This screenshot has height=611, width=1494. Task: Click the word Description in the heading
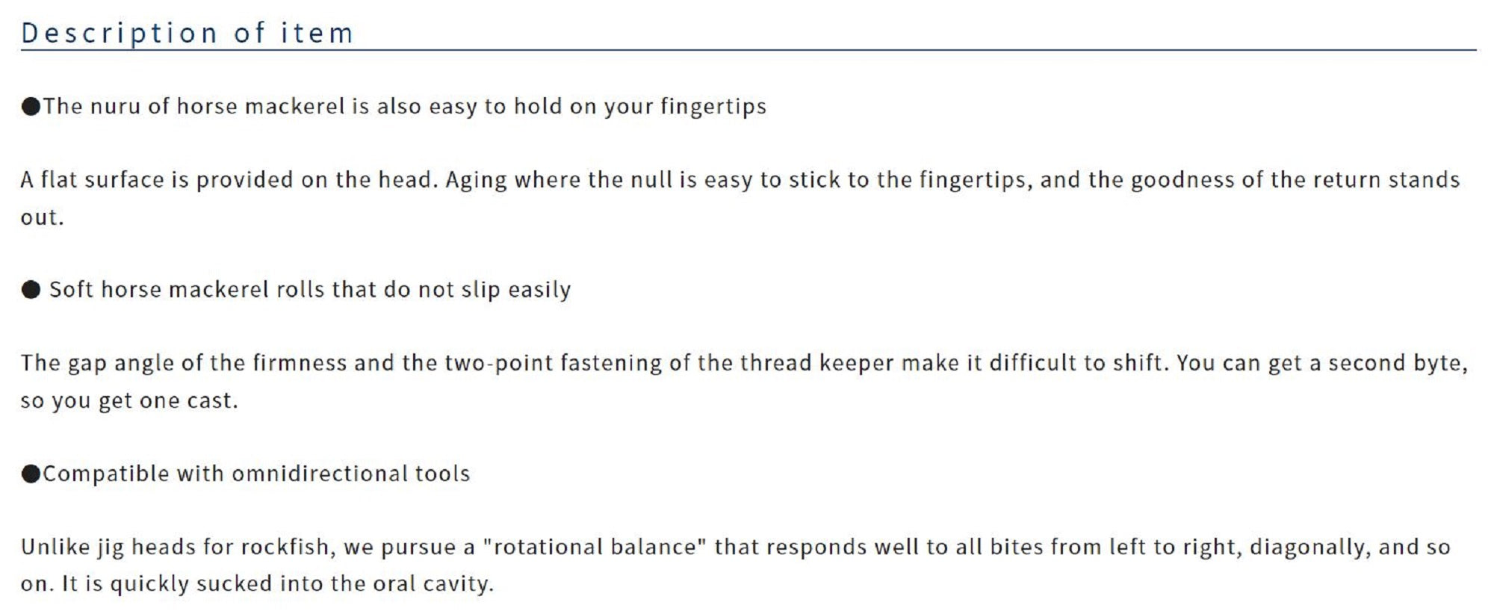click(x=120, y=34)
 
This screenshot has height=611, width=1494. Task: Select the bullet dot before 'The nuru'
click(x=31, y=107)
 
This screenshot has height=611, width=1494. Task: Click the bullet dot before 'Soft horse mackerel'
click(x=31, y=290)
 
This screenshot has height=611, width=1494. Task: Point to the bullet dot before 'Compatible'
click(x=31, y=474)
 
